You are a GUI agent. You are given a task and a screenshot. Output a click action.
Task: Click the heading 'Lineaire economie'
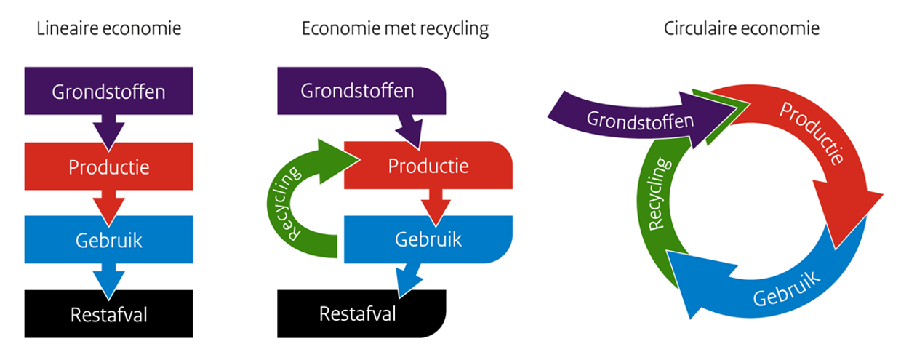point(109,29)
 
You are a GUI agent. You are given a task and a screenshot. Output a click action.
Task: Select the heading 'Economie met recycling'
point(395,29)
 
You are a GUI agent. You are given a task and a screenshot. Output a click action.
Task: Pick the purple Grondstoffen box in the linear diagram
point(109,92)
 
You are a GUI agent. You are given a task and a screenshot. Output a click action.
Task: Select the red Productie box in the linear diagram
point(109,167)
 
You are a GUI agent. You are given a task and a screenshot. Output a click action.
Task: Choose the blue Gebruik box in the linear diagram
point(109,240)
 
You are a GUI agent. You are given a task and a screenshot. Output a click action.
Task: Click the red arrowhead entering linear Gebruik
point(109,209)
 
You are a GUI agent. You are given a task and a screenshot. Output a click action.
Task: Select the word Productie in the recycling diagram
point(428,166)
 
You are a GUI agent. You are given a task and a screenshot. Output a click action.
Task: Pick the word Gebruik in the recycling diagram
point(428,239)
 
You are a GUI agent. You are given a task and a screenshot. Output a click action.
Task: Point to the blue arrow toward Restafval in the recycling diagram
point(408,280)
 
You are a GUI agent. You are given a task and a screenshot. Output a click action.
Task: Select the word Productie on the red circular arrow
point(812,132)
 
